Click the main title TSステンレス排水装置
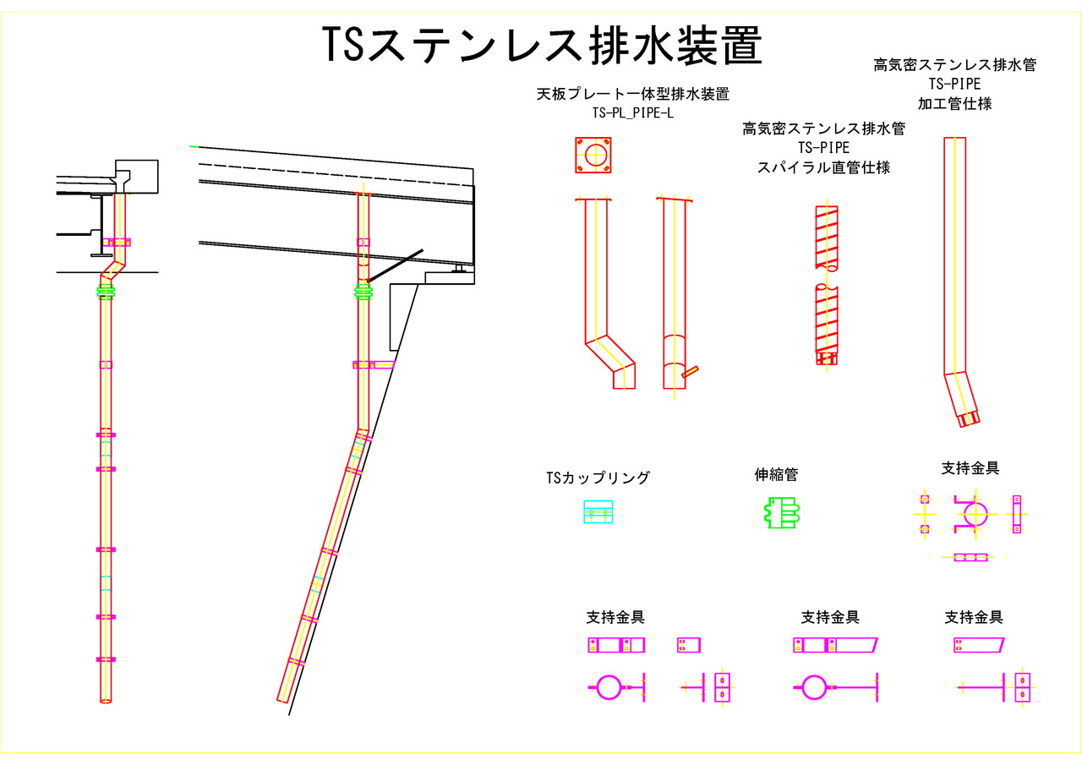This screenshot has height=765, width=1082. click(542, 46)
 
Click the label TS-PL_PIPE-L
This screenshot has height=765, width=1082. click(632, 112)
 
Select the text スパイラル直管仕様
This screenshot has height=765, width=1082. click(823, 167)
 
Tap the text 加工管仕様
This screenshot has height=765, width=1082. click(954, 104)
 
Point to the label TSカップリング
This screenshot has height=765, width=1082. click(598, 478)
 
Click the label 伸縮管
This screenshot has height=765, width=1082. click(776, 475)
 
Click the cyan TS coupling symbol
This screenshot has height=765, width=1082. click(598, 512)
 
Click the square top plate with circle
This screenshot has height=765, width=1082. click(595, 156)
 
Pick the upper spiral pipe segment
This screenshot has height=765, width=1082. click(827, 238)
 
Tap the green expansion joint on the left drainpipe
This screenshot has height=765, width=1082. click(107, 292)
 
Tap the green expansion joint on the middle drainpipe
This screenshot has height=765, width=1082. click(363, 294)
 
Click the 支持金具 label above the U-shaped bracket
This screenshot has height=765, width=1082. click(970, 468)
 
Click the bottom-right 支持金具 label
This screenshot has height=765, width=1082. click(973, 618)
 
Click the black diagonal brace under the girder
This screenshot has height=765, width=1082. click(395, 265)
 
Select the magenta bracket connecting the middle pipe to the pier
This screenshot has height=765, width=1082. click(374, 364)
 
